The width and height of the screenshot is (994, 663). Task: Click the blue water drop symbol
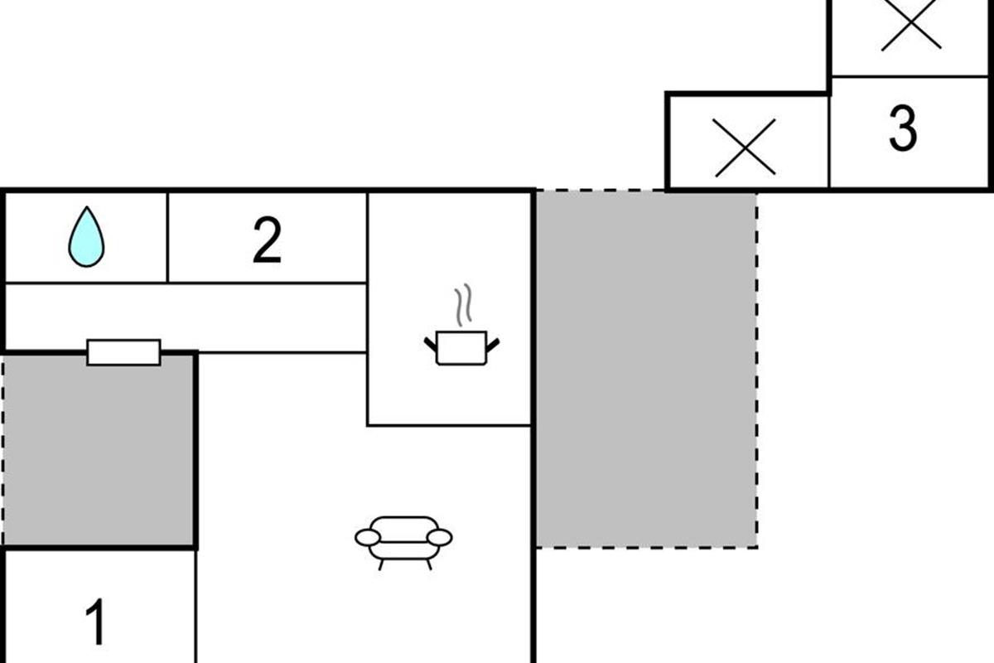86,238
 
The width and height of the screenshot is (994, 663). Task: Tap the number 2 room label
267,240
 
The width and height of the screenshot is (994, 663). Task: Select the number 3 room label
903,128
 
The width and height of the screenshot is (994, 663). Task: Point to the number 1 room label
96,622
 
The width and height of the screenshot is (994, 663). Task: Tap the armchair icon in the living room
403,543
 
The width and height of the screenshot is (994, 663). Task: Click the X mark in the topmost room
911,24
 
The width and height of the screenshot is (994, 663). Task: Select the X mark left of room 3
745,148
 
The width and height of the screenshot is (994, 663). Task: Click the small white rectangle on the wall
123,352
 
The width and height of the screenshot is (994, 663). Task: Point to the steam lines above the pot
463,305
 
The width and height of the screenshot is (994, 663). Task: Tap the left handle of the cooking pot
431,344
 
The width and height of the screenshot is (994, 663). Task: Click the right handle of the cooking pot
493,345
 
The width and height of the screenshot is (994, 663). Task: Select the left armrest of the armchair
368,538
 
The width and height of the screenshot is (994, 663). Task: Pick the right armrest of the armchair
440,538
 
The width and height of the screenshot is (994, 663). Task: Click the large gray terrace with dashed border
646,370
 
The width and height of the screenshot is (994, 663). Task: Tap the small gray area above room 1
99,451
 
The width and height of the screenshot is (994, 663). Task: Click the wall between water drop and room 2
167,238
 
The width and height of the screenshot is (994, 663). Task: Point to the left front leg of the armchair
381,564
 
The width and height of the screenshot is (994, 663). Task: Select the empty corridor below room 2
186,318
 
